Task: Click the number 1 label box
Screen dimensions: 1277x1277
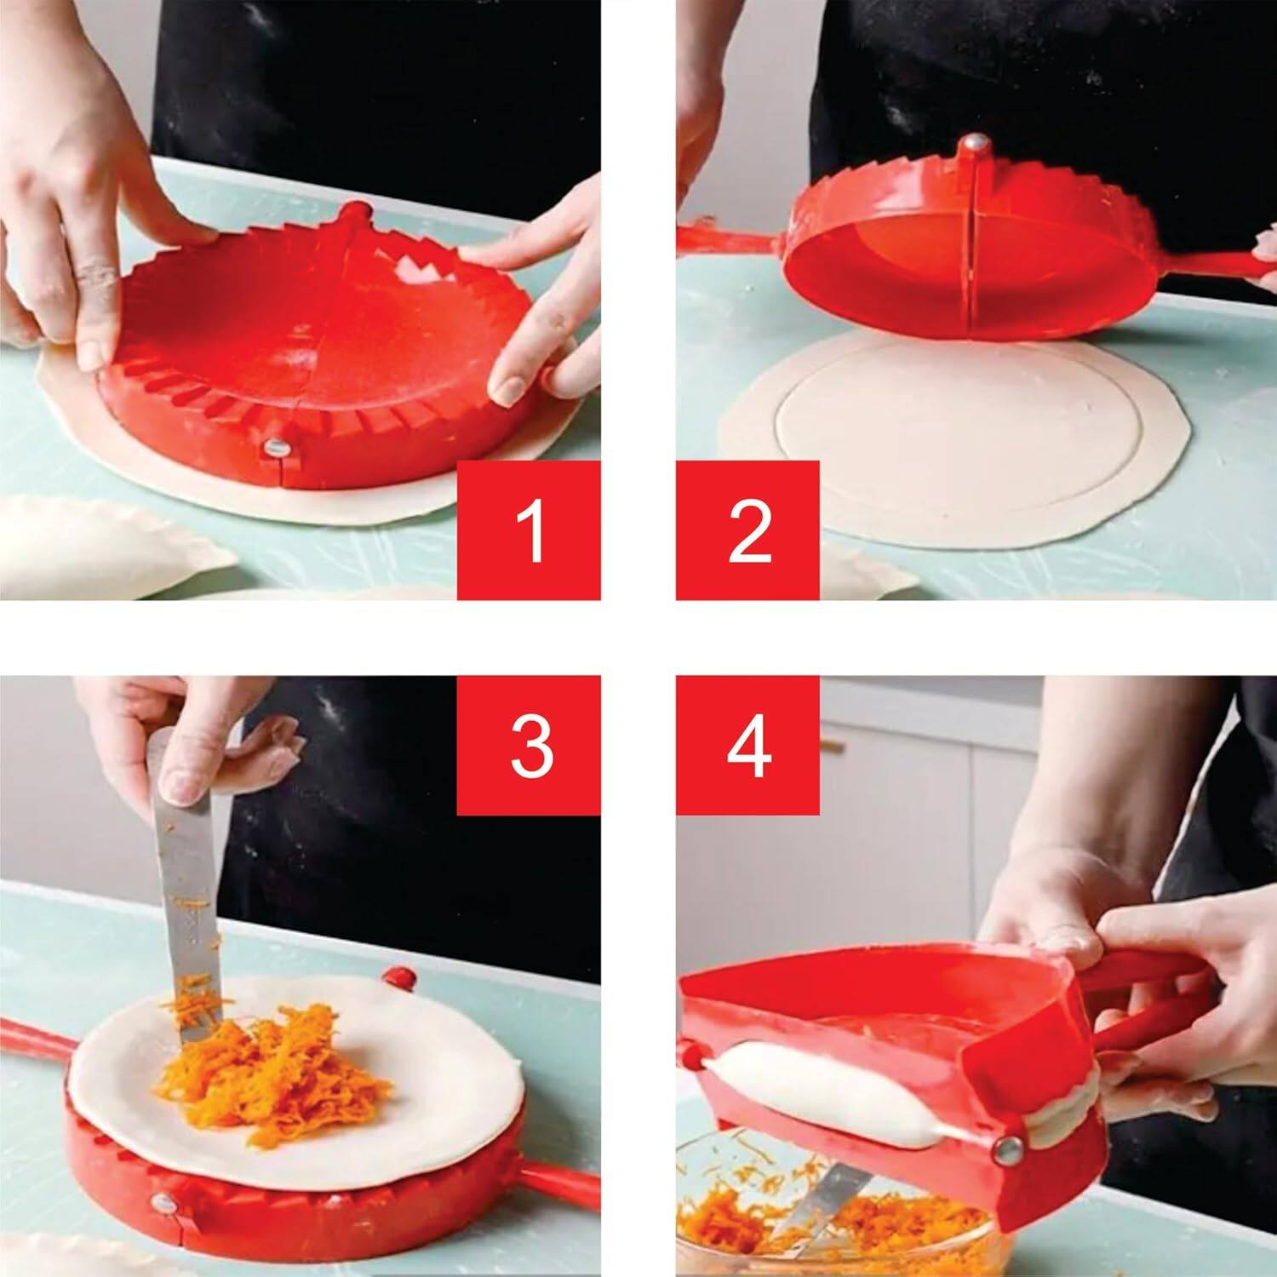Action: tap(529, 530)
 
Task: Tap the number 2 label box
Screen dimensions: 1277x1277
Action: tap(747, 530)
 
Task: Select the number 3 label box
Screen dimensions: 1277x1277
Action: tap(529, 746)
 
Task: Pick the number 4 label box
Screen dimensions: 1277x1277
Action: tap(747, 746)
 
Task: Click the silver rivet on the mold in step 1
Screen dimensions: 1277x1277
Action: tap(276, 447)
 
